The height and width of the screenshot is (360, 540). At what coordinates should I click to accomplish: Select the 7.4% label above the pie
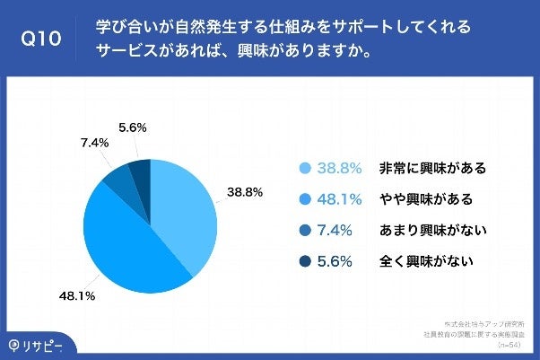94,142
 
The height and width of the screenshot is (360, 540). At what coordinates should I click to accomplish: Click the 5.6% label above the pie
132,128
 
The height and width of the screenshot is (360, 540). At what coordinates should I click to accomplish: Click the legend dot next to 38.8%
305,168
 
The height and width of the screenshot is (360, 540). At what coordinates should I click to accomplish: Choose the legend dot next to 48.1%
305,199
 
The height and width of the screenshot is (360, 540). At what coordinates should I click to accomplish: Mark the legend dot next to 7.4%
305,231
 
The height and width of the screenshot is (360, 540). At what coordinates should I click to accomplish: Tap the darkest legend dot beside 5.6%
305,262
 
